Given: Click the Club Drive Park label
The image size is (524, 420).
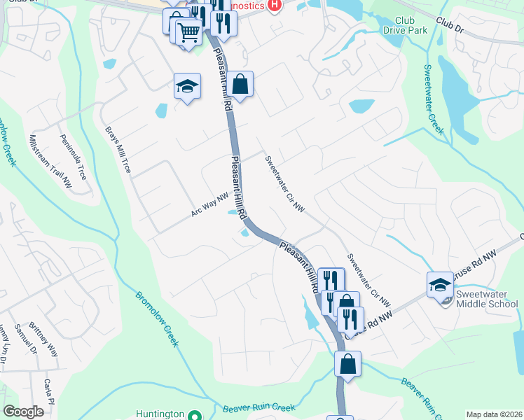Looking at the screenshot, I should (405, 25).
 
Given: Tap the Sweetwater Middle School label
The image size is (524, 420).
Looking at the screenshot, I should (486, 299).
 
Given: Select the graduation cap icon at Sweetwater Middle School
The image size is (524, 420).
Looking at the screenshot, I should (440, 285).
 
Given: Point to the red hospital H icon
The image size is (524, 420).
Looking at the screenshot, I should (275, 5).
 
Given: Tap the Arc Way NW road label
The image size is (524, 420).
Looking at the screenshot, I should (211, 205).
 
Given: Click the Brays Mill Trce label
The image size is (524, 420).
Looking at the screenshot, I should (118, 150).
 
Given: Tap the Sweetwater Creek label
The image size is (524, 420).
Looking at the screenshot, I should (434, 99).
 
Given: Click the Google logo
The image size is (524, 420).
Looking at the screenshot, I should (24, 412).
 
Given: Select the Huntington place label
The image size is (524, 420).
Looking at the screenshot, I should (160, 414).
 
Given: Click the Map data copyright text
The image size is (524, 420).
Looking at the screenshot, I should (494, 414).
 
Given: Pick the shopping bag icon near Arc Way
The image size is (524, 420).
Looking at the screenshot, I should (240, 85).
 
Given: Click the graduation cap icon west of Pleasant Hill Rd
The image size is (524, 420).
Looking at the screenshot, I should (187, 86).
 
